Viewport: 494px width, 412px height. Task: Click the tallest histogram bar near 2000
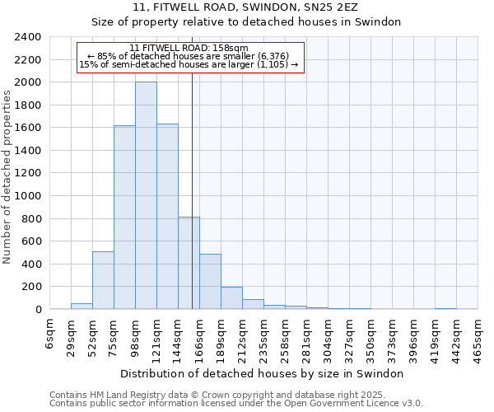coord(146,195)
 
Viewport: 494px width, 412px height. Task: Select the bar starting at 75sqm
coord(124,218)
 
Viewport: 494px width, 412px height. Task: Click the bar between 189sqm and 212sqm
coord(231,298)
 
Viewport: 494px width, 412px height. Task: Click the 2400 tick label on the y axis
coord(28,37)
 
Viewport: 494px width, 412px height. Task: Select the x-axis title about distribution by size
coord(262,373)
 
